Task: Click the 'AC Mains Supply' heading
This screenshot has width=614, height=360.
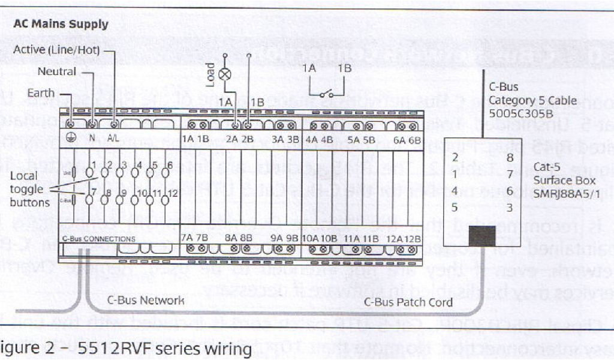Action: [61, 25]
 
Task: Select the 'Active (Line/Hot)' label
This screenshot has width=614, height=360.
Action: [56, 50]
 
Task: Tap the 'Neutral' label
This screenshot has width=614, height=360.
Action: [57, 71]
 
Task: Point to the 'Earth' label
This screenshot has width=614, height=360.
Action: [40, 93]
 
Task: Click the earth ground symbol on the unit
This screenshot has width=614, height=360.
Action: [71, 137]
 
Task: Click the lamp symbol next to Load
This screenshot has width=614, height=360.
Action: [225, 74]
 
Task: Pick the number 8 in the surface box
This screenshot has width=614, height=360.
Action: [510, 158]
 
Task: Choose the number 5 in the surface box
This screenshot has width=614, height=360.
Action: [456, 208]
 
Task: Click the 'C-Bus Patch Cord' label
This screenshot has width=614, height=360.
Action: [408, 302]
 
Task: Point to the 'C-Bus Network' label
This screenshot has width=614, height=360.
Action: [146, 300]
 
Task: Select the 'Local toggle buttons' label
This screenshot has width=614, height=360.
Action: [29, 189]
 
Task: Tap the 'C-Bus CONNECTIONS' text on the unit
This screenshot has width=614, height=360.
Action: [98, 238]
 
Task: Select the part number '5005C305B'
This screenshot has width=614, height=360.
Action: [517, 113]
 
